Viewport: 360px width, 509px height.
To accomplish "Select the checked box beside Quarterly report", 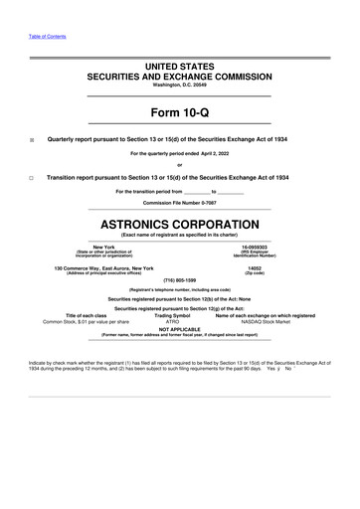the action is pyautogui.click(x=32, y=140).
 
